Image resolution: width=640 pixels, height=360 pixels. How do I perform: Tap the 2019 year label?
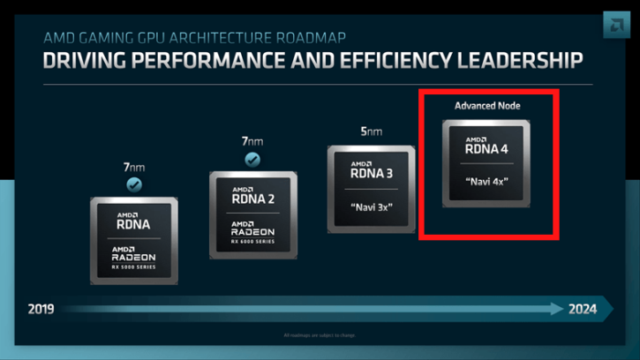41,309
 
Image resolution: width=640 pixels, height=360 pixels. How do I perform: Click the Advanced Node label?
487,106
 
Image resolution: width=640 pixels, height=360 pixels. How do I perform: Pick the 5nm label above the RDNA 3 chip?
371,131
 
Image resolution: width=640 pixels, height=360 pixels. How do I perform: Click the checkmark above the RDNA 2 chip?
252,160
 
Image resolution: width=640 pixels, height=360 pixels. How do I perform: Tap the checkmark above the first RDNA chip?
134,184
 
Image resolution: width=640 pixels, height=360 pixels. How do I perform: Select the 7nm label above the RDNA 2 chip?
252,141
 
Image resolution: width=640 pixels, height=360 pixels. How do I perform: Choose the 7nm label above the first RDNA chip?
134,166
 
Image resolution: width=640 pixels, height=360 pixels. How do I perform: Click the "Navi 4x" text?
486,182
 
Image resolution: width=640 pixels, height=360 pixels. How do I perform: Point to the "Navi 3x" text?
371,207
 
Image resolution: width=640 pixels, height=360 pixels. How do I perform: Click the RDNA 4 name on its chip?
488,149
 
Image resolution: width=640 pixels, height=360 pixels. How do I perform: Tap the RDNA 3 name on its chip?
373,174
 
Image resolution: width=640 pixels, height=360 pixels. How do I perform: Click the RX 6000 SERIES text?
253,241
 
